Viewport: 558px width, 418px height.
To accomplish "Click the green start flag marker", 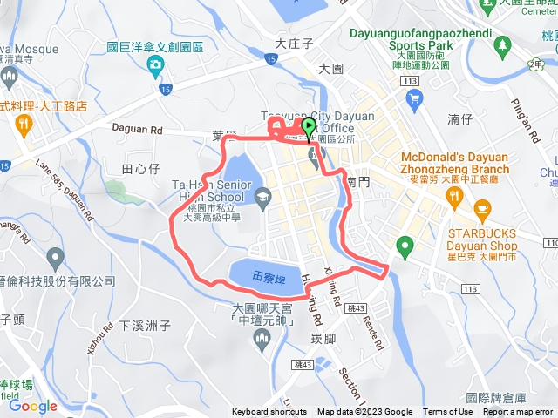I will click(x=309, y=129).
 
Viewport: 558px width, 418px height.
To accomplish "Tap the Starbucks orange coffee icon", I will click(x=482, y=209).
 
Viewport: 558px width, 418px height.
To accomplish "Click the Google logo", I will click(x=32, y=406).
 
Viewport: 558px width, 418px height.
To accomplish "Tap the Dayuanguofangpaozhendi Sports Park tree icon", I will click(x=503, y=43).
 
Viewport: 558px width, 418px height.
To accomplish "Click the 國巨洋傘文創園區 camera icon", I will click(x=155, y=64).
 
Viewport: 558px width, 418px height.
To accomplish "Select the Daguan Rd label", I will click(x=139, y=127).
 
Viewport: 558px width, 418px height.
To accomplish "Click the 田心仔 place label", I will click(x=139, y=167).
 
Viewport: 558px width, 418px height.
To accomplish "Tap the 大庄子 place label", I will click(x=293, y=42).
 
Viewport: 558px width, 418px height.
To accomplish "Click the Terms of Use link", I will click(x=448, y=412).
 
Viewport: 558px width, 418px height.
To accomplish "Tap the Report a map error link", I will click(x=518, y=412).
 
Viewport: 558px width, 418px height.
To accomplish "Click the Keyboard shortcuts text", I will click(x=269, y=412).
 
